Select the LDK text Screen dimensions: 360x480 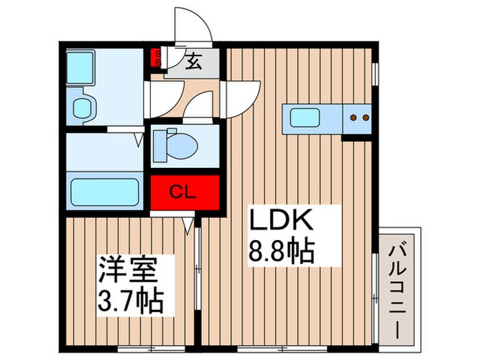click(280, 222)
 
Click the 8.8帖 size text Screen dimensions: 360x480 click(281, 252)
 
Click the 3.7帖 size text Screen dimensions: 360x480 click(130, 300)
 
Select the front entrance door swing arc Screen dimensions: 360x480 click(192, 24)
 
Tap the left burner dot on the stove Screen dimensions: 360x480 click(352, 118)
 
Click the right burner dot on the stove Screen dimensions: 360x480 click(365, 118)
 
